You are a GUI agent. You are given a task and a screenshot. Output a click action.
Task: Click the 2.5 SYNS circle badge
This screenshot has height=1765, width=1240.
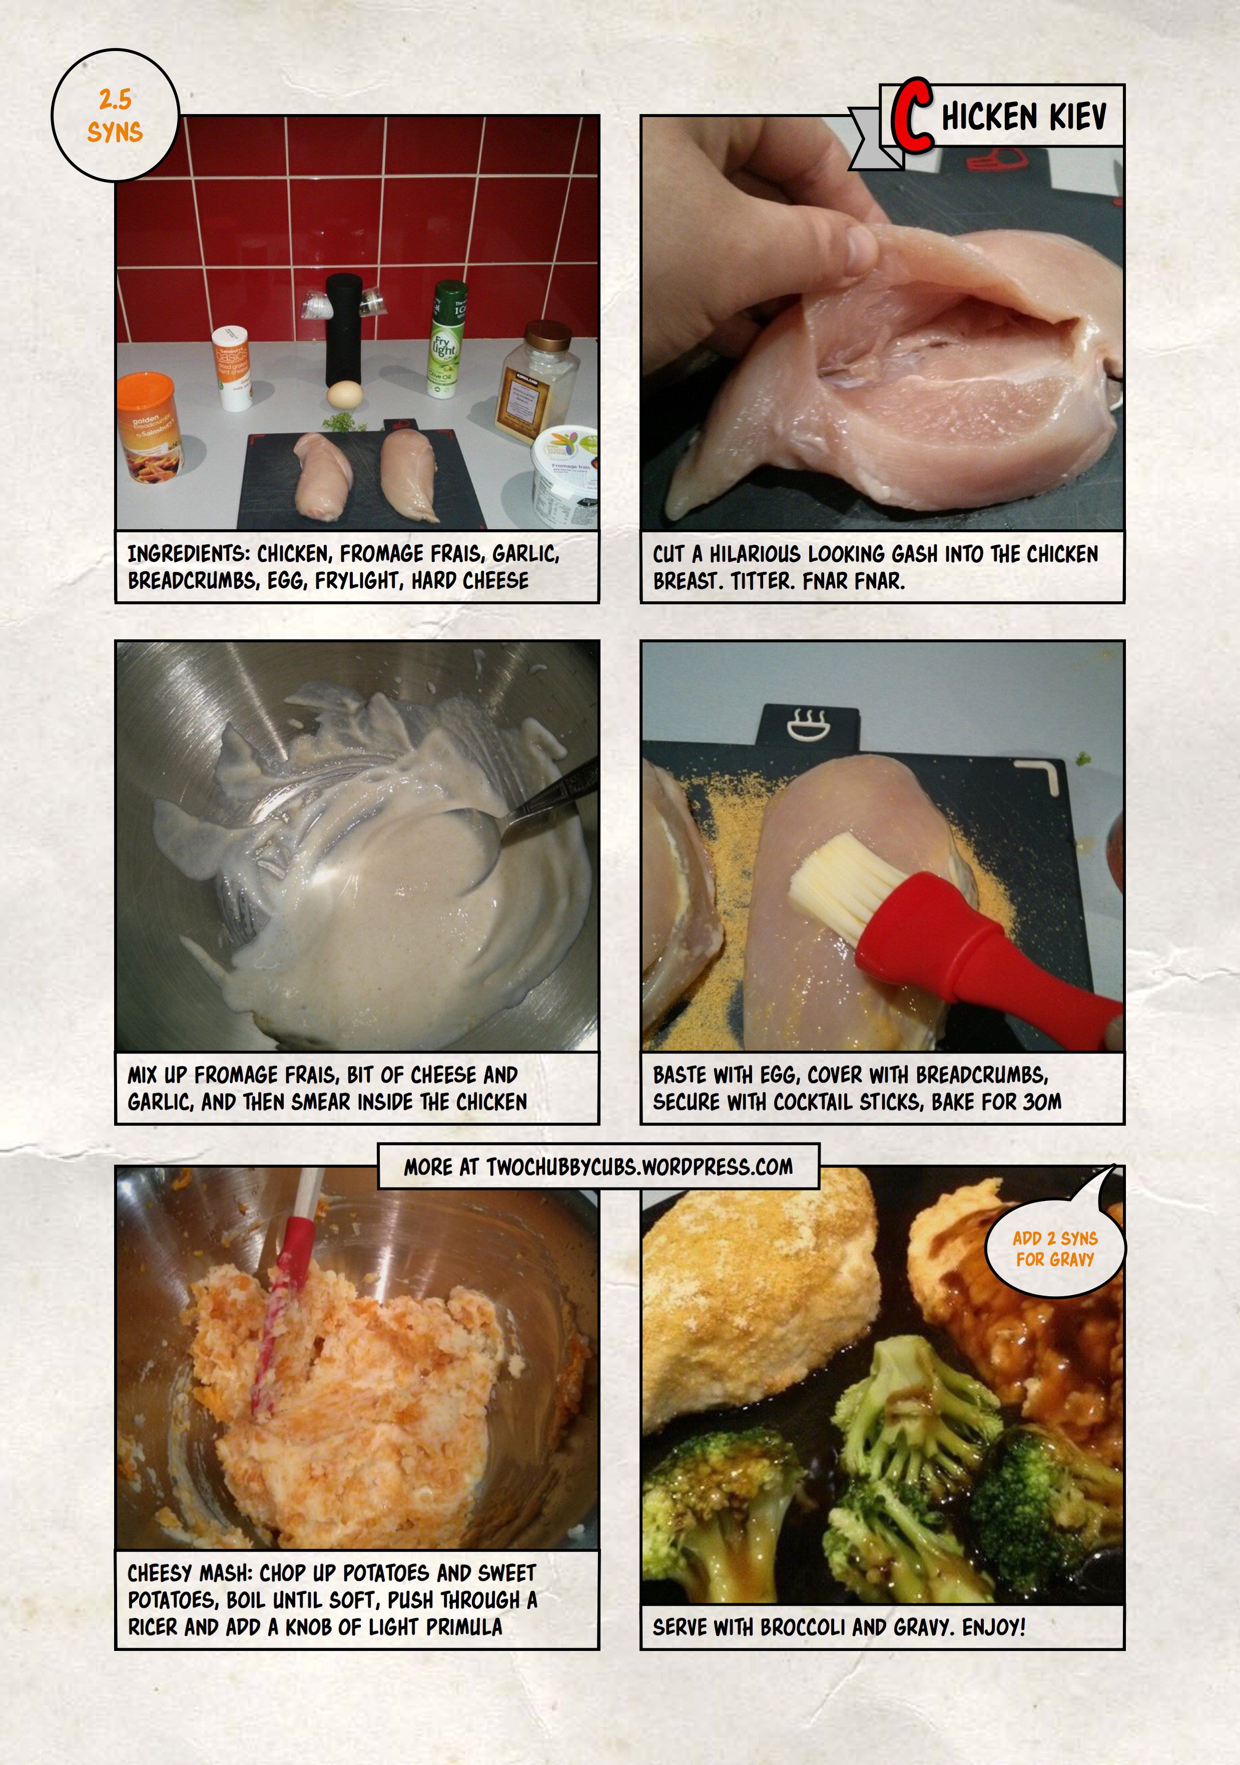tap(115, 115)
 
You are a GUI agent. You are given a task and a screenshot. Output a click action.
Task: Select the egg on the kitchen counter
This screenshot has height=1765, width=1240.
tap(344, 394)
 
